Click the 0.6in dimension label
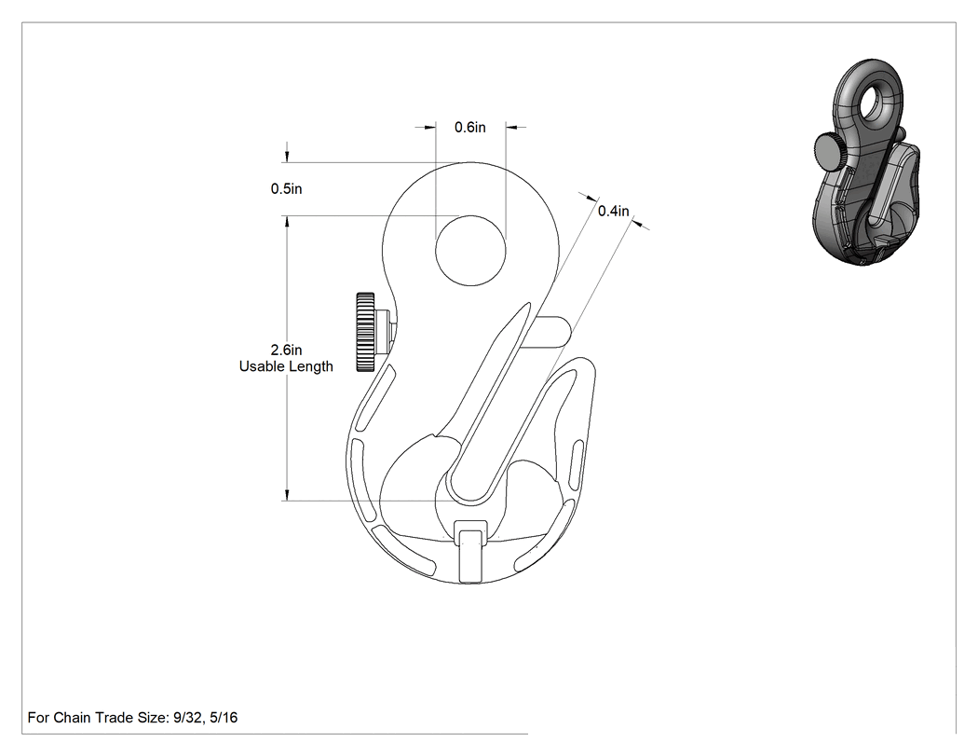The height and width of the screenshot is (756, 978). pos(469,128)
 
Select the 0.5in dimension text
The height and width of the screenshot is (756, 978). pos(286,188)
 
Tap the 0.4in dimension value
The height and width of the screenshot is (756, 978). pos(614,211)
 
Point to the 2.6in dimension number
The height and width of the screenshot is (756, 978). pos(286,350)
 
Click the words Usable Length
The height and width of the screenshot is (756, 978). pos(286,366)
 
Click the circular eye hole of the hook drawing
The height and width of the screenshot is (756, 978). pos(470,251)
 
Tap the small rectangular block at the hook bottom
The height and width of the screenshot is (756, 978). pos(470,551)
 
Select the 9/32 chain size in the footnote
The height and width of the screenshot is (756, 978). pos(186,717)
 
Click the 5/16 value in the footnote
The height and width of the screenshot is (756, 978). pos(224,717)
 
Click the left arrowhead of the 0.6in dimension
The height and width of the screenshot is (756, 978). pos(429,128)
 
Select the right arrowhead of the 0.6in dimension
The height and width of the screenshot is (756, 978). pos(512,128)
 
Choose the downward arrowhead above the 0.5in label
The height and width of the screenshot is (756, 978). pos(287,156)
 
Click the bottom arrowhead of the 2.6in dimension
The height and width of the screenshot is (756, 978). pos(287,494)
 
